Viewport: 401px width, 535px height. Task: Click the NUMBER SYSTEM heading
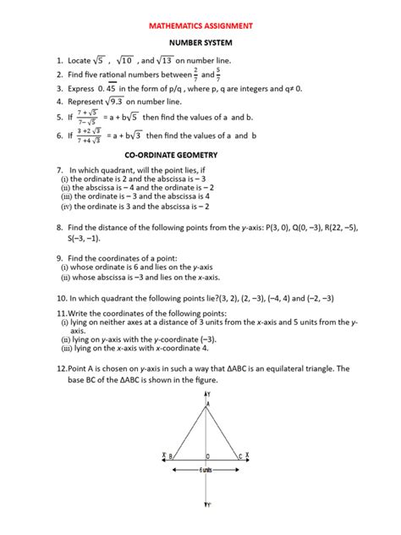(x=200, y=41)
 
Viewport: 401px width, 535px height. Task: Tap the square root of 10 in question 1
(x=124, y=60)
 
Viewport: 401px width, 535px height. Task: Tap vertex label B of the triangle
(x=171, y=457)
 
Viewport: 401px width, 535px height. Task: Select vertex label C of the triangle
(x=239, y=457)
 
